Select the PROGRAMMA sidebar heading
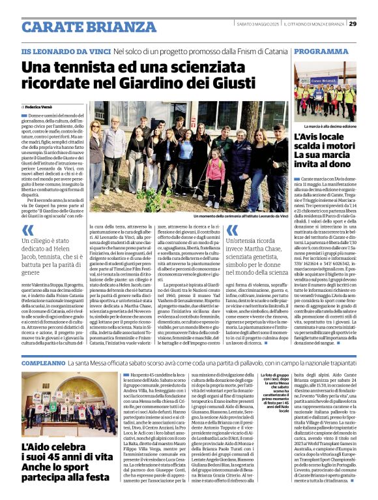tap(321, 50)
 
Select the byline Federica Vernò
tap(41, 106)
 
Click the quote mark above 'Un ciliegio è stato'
tap(27, 230)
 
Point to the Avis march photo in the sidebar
tap(325, 91)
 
